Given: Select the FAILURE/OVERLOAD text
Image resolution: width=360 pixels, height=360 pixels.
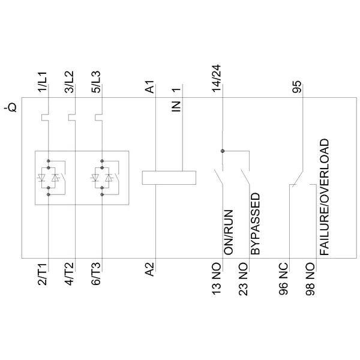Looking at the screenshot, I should (x=324, y=199).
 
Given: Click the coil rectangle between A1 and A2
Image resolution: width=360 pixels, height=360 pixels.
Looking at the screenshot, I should (x=170, y=177).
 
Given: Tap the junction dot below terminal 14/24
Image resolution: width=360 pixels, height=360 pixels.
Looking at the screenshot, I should (x=223, y=151).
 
